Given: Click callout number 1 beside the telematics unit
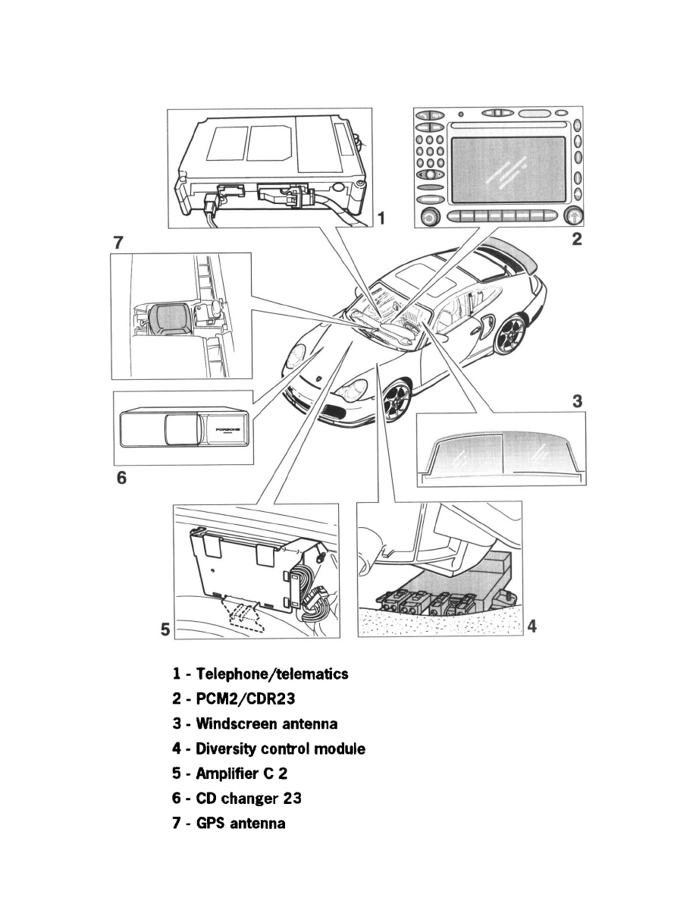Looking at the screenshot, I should point(382,218).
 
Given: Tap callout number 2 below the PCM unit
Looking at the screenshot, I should point(577,240).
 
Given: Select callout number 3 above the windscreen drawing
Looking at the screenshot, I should point(577,401).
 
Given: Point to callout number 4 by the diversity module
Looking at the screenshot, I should point(532,627).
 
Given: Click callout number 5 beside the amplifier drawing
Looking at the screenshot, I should point(165,629).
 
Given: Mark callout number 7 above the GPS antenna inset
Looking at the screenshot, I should point(118,243).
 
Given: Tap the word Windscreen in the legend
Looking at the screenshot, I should point(230,724).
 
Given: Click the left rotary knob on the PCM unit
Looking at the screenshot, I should point(430,217).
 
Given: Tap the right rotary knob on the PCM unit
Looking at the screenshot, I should point(574,217).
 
